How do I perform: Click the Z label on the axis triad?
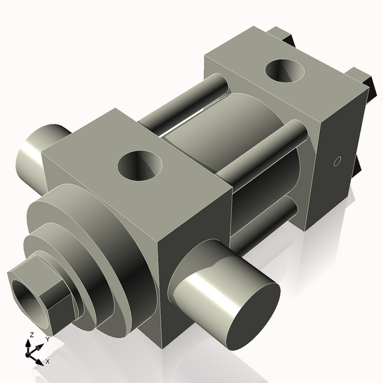31,335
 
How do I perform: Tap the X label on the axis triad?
47,361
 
